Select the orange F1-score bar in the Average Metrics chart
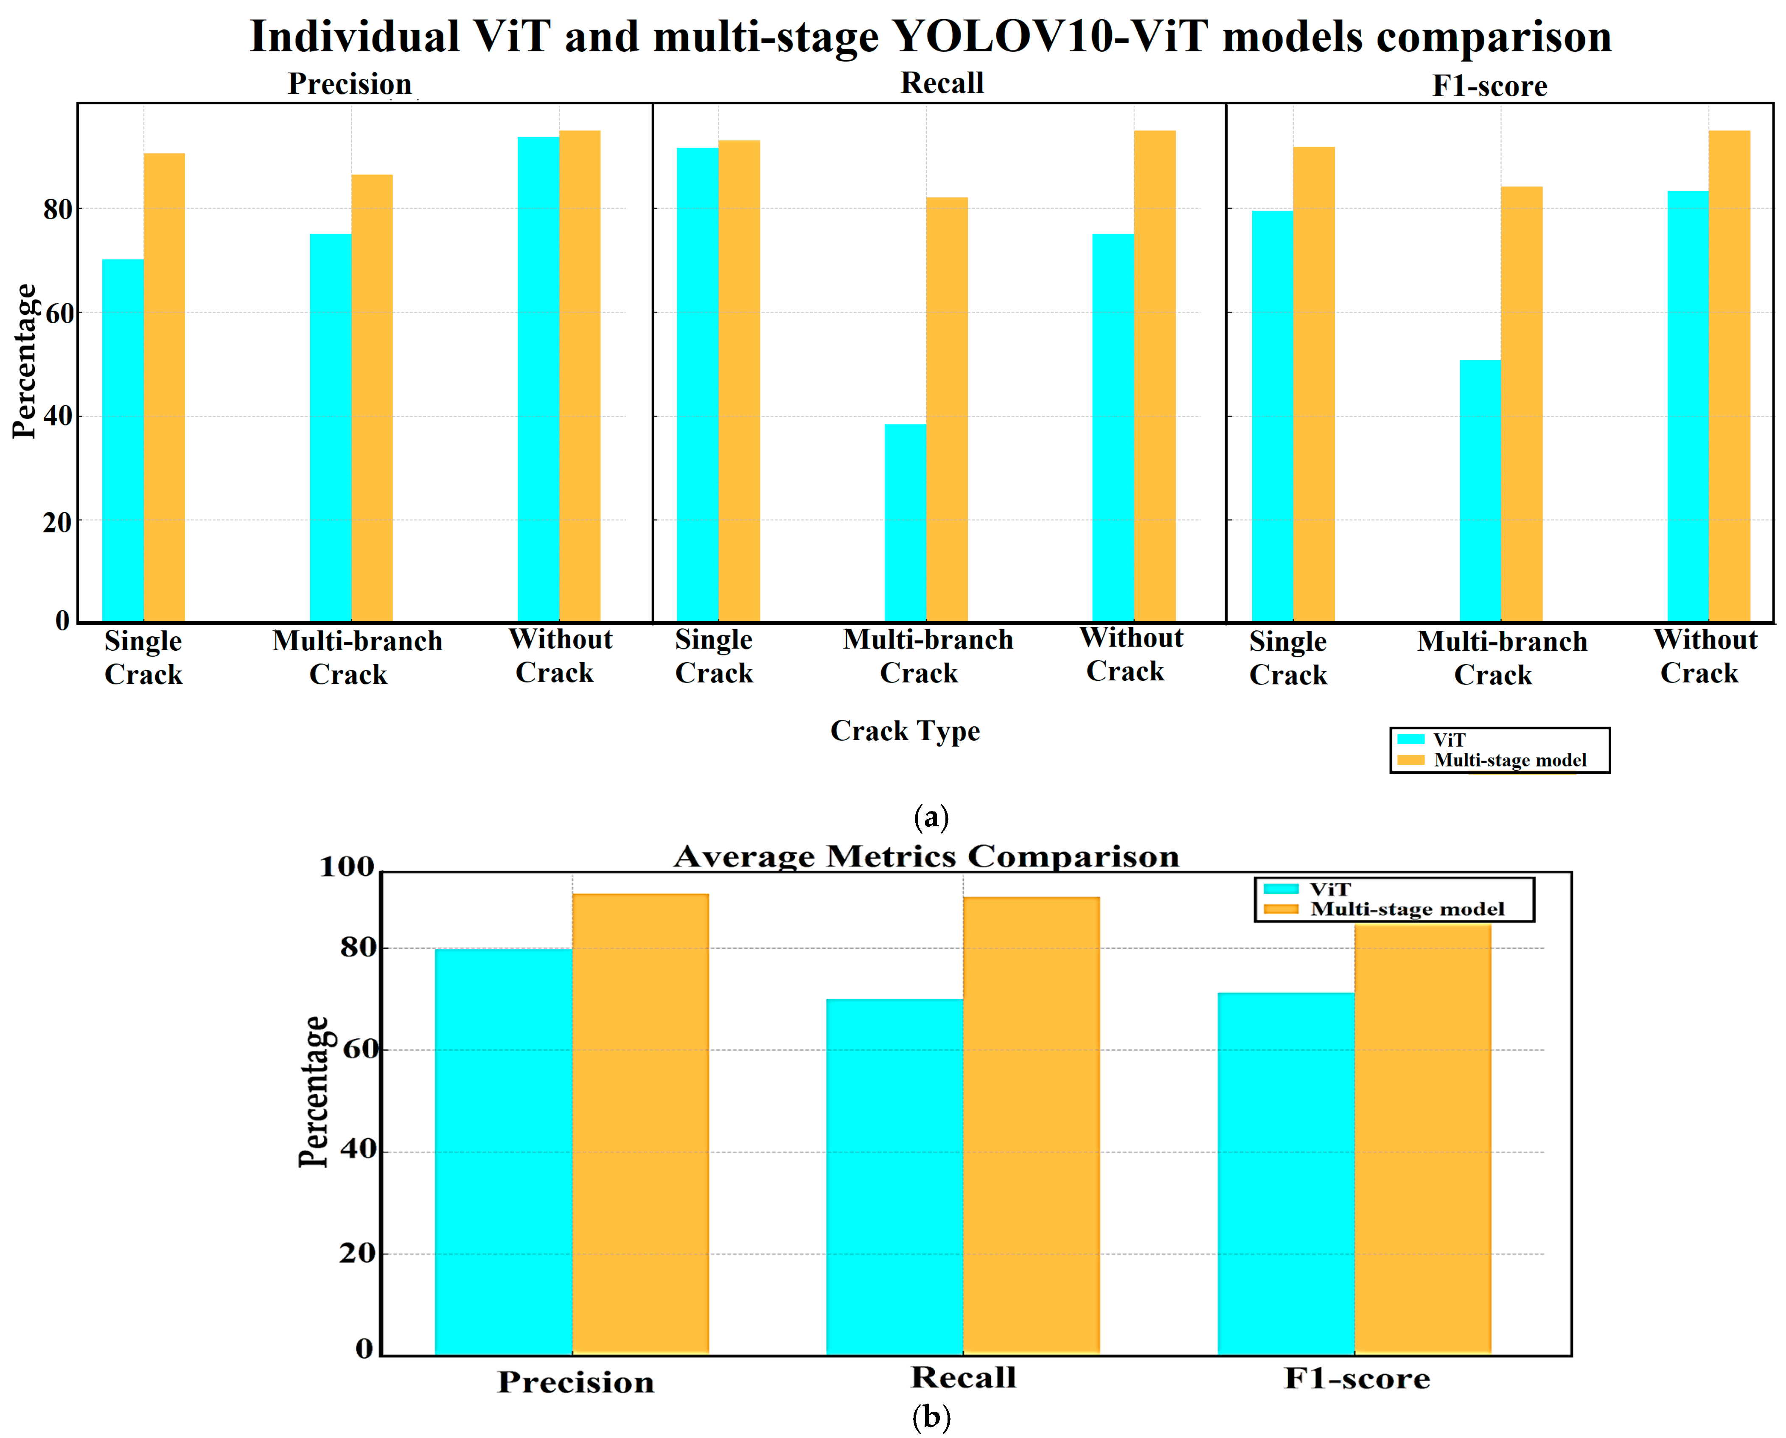pyautogui.click(x=1422, y=1139)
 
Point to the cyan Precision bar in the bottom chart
pyautogui.click(x=503, y=1151)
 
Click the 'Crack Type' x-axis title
pyautogui.click(x=905, y=730)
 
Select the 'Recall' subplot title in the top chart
pyautogui.click(x=942, y=83)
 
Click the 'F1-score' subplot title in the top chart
pyautogui.click(x=1489, y=85)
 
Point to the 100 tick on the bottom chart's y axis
pyautogui.click(x=347, y=867)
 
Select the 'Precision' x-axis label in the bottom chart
pyautogui.click(x=576, y=1382)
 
